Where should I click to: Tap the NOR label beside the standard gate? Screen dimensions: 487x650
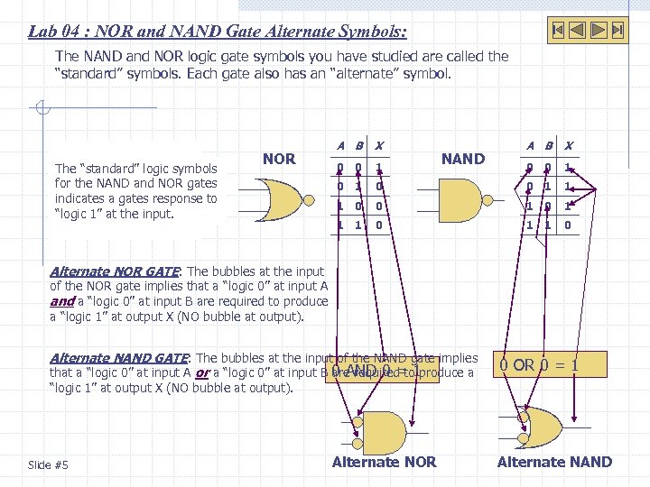pos(279,159)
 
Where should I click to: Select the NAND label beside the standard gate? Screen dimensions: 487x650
pos(462,159)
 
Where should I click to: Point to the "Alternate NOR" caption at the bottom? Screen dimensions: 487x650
pos(384,462)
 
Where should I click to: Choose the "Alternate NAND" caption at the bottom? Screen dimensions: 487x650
pos(554,462)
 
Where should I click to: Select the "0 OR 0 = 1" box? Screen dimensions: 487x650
pos(539,365)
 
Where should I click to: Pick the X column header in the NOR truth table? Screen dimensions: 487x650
pos(379,145)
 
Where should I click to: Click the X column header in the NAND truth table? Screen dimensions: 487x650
pos(568,145)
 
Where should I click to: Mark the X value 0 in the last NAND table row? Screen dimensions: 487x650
pos(567,225)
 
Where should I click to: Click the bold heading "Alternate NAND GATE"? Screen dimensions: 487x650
pos(120,358)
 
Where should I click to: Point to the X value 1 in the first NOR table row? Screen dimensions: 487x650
pos(379,168)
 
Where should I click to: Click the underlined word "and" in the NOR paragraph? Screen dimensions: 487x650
pos(60,301)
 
